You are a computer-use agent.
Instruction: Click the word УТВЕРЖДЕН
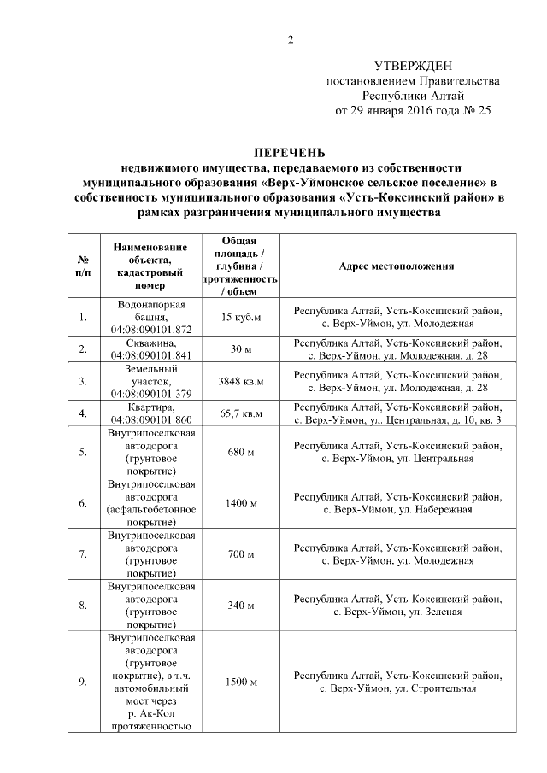(414, 66)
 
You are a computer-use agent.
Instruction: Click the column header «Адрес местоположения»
(397, 266)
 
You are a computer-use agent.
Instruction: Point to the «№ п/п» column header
(83, 266)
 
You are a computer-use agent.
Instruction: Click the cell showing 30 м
(240, 348)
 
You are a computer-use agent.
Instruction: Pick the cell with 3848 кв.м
(240, 381)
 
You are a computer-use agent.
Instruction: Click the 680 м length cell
(240, 452)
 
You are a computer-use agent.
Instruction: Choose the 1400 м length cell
(240, 503)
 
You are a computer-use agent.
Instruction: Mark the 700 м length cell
(240, 554)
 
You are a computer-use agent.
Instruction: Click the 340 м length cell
(240, 606)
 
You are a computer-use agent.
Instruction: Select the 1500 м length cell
(240, 682)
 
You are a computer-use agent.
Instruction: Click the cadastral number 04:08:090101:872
(150, 329)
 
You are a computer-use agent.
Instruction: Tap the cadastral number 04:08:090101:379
(150, 393)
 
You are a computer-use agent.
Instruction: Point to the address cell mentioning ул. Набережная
(397, 503)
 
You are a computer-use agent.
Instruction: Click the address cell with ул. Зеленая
(397, 606)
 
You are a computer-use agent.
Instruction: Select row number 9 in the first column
(83, 682)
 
